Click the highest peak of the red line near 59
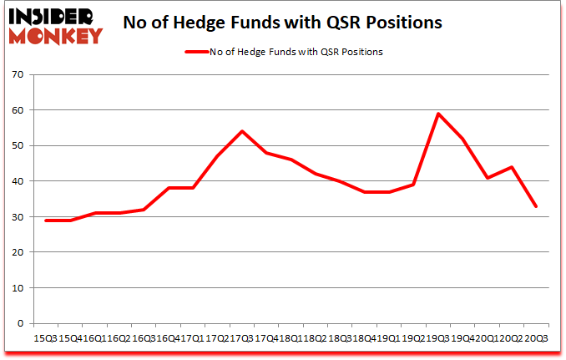[438, 114]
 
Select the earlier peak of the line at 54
[241, 131]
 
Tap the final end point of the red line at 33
[537, 206]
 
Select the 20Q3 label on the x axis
[536, 339]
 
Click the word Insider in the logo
[52, 15]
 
